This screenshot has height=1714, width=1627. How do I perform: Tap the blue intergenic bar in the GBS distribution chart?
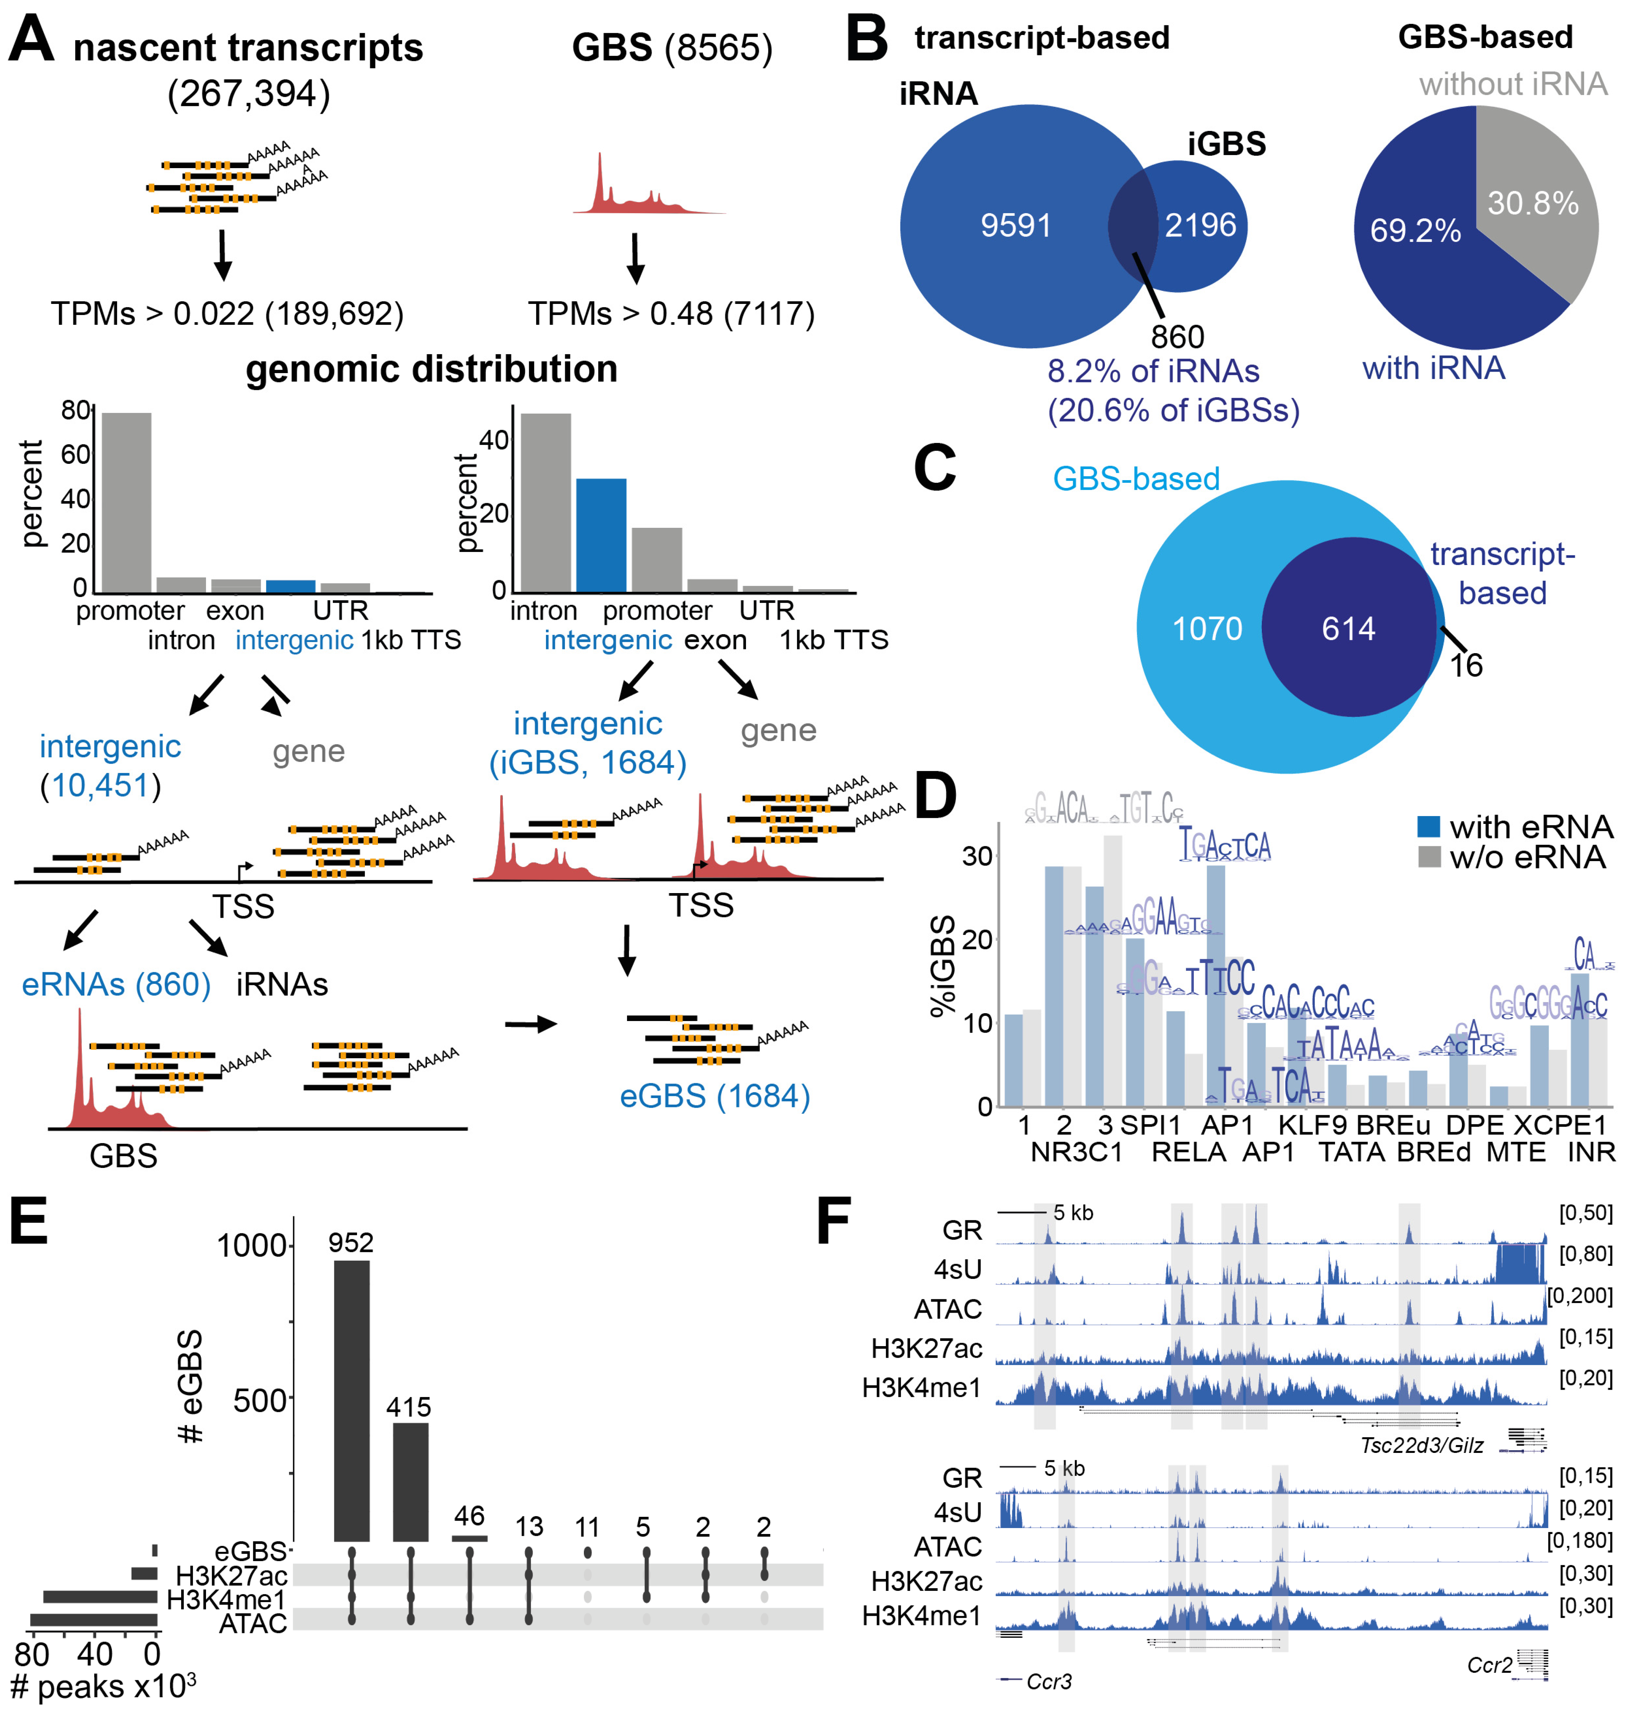tap(601, 535)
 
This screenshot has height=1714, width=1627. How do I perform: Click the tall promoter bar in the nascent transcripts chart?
tap(126, 503)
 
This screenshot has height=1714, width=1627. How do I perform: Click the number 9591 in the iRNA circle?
tap(1016, 225)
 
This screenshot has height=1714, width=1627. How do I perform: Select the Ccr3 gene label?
tap(1048, 1681)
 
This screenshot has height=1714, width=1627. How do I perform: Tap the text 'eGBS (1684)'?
tap(715, 1097)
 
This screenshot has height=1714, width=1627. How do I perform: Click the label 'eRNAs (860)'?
tap(116, 985)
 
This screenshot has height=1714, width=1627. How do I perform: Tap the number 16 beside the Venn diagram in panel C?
tap(1466, 665)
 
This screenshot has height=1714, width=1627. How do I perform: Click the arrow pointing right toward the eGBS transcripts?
tap(531, 1024)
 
